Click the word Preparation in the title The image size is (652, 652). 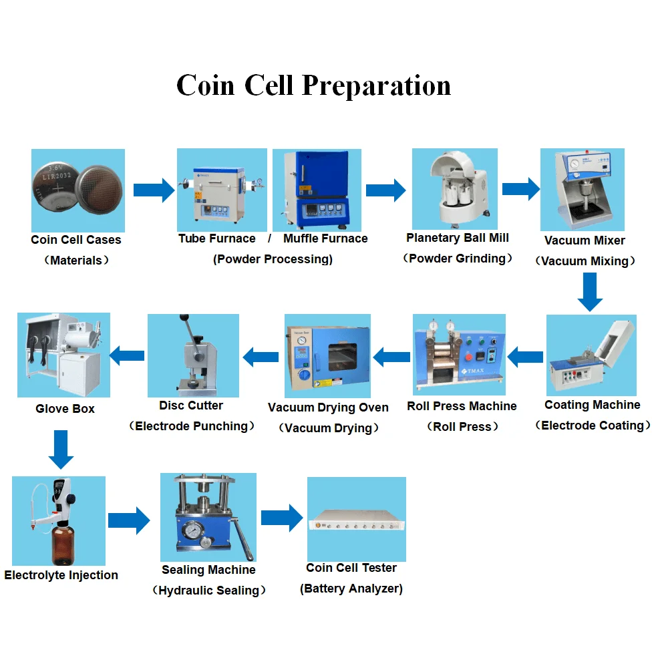(x=376, y=86)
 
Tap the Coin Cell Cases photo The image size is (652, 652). (x=77, y=190)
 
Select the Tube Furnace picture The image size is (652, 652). (x=221, y=190)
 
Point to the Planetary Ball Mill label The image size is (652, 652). (x=457, y=238)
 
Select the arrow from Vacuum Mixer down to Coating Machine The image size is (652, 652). (x=590, y=292)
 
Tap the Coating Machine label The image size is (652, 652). (x=592, y=405)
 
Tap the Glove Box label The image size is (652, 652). (x=65, y=409)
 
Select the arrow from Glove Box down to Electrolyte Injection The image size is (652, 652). (x=60, y=449)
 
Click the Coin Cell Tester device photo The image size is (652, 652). (x=355, y=519)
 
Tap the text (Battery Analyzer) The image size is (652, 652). (x=351, y=589)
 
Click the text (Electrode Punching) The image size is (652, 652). (x=194, y=426)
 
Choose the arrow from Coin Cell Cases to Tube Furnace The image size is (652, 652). (x=152, y=190)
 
